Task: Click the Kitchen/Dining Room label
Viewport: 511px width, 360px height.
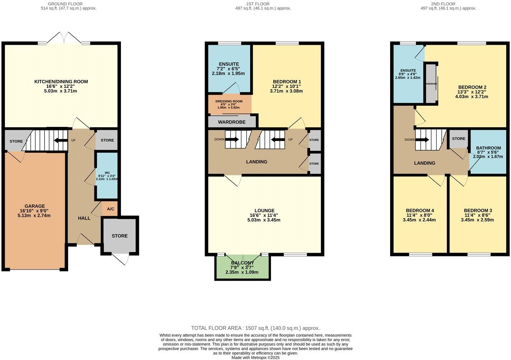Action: coord(61,82)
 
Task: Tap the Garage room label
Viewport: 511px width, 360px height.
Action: coord(35,206)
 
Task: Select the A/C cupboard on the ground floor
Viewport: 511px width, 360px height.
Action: coord(111,209)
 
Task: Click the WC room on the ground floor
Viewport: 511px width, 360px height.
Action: coord(107,176)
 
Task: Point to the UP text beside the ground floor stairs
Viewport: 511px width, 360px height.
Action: coord(73,140)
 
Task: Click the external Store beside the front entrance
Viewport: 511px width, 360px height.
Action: coord(119,236)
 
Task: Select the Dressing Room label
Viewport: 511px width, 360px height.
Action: coord(229,101)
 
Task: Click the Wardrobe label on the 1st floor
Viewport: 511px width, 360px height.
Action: coord(232,122)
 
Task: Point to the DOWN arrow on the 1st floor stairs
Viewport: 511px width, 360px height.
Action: coord(232,139)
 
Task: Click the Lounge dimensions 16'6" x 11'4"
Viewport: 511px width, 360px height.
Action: coord(264,215)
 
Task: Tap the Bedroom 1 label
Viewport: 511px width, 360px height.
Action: coord(287,82)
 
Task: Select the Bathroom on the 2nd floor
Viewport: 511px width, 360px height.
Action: coord(488,148)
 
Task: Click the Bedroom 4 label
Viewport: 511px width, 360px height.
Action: coord(420,210)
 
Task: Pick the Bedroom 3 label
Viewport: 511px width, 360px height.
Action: coord(478,210)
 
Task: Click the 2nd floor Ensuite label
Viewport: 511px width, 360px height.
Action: coord(408,71)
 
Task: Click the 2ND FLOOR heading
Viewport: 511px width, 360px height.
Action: coord(448,4)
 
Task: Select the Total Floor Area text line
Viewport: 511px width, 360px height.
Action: coord(255,328)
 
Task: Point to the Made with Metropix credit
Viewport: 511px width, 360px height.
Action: coord(255,357)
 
